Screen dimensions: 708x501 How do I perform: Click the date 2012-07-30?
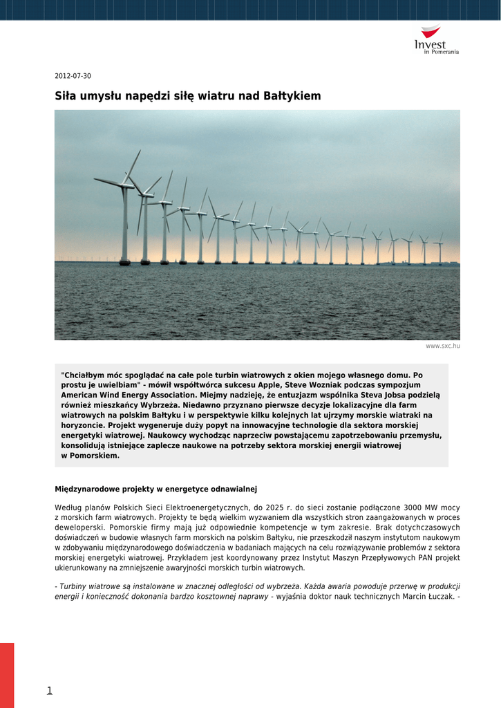pos(73,76)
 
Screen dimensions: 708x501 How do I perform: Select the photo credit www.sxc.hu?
pos(442,346)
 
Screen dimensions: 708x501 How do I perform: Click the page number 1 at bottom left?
pos(49,690)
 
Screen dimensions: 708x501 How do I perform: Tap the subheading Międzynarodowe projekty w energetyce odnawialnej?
pos(155,489)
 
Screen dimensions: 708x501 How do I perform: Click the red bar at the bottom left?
pos(7,674)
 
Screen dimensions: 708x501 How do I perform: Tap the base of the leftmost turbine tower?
pos(124,261)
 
